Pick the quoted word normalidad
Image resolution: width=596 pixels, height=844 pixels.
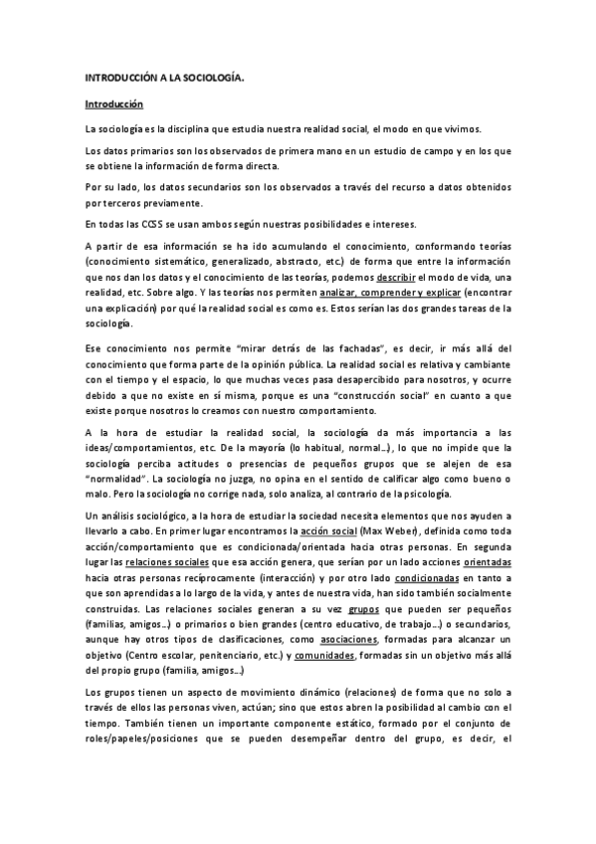119,478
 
